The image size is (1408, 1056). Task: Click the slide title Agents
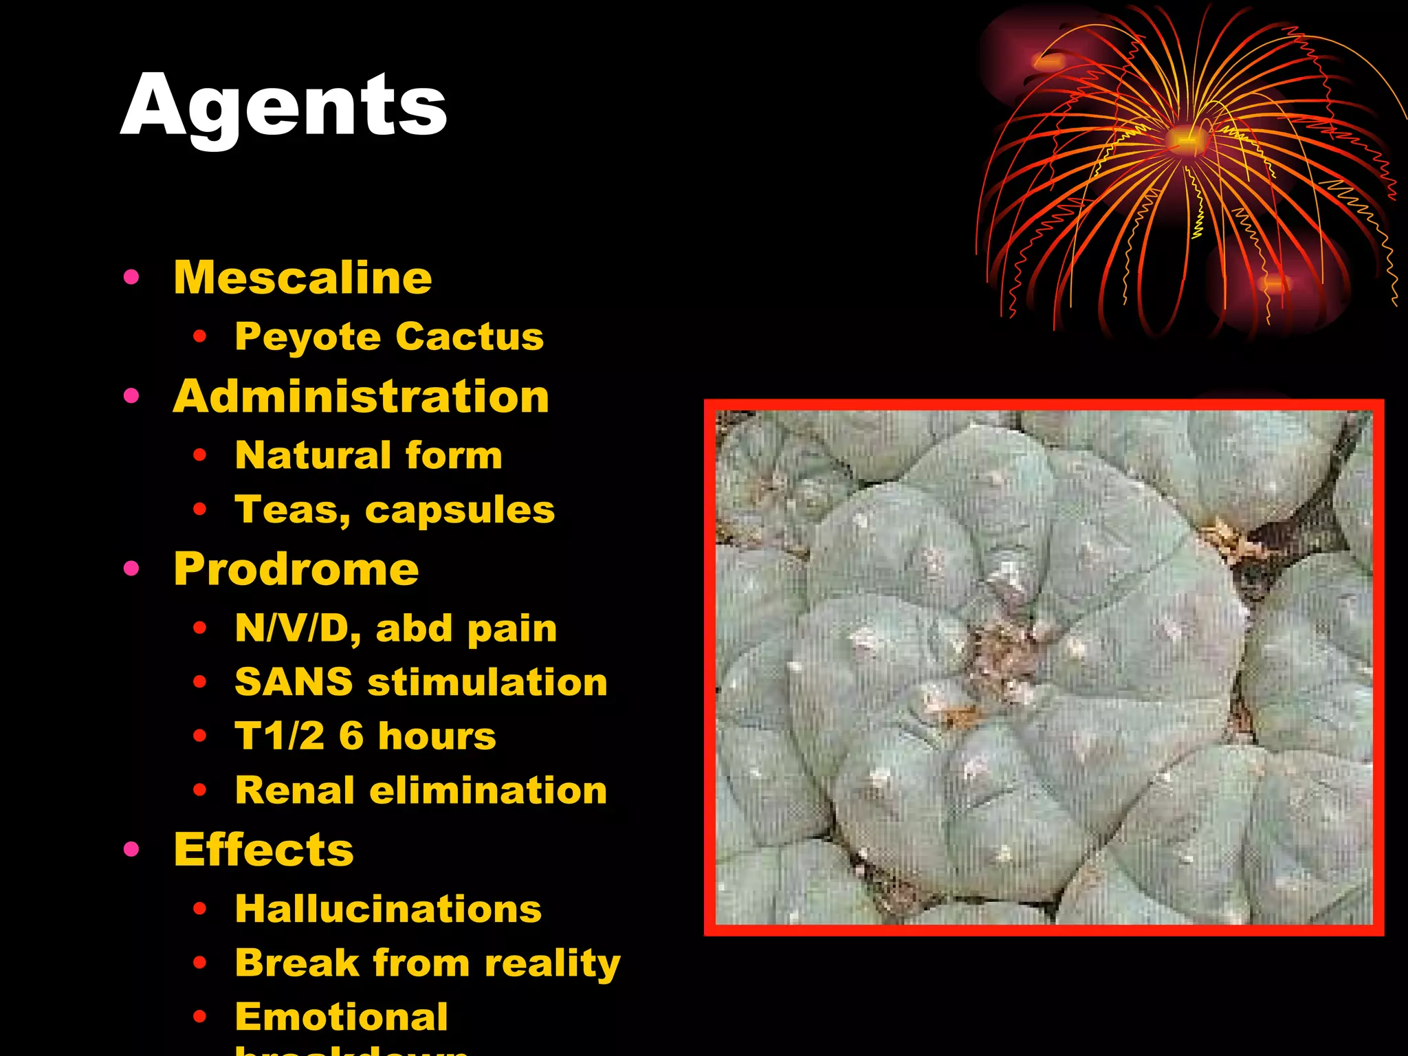(283, 107)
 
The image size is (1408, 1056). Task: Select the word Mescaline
(302, 278)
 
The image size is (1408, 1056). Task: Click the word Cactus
(470, 337)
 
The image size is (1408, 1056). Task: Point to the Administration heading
(361, 397)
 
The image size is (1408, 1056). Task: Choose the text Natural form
(368, 455)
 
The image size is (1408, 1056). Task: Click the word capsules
(460, 510)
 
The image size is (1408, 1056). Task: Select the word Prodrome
(296, 569)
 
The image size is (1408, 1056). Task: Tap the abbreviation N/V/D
(296, 628)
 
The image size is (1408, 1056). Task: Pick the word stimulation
(487, 682)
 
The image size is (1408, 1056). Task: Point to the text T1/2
(279, 736)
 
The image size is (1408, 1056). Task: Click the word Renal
(294, 790)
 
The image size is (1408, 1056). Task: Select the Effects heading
(264, 850)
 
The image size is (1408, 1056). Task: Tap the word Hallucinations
(388, 909)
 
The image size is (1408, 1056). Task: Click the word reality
(552, 963)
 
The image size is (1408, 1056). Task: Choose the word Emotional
(342, 1017)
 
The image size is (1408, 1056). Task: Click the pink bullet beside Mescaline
(131, 278)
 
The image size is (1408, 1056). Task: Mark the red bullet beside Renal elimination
(200, 791)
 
